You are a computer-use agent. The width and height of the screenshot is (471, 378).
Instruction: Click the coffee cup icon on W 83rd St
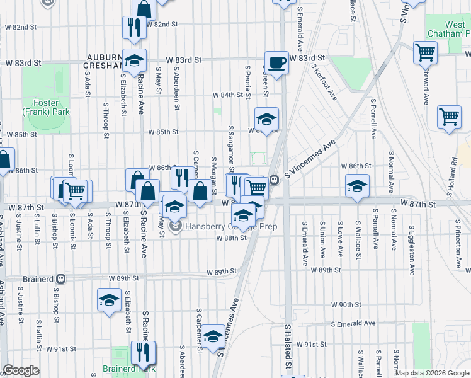click(276, 62)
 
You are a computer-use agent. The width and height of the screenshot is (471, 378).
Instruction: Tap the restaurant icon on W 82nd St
click(133, 27)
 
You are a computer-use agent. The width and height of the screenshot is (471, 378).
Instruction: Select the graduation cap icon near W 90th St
click(109, 300)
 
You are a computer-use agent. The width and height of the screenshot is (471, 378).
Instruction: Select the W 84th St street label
click(227, 95)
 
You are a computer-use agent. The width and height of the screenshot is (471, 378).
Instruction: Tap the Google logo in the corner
click(21, 370)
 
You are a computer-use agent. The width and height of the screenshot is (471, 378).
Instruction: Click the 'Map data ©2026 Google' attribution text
click(431, 373)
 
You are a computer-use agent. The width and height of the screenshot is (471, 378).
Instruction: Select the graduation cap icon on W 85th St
click(266, 118)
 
